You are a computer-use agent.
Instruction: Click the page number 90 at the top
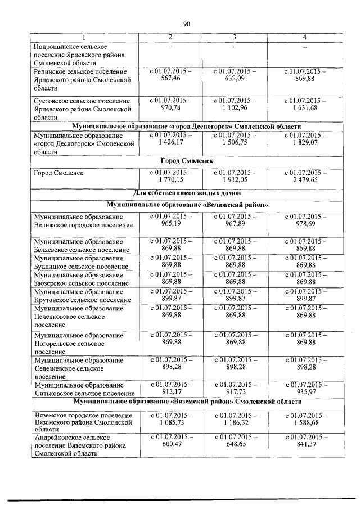pos(187,24)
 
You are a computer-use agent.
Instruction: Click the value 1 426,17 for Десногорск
pos(170,143)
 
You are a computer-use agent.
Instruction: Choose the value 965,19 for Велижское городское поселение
pos(170,223)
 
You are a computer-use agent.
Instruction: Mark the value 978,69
pos(304,223)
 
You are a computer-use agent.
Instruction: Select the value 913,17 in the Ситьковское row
pos(170,392)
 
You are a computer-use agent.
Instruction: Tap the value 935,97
pos(304,392)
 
